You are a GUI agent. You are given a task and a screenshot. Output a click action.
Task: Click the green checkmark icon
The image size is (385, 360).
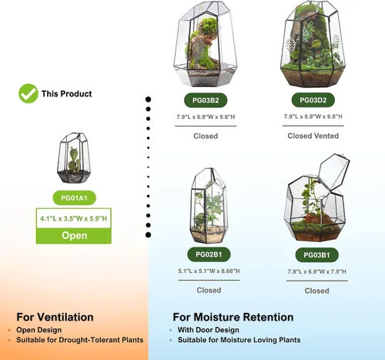click(x=28, y=93)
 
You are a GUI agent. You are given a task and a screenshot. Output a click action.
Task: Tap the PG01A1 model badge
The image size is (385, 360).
click(x=74, y=198)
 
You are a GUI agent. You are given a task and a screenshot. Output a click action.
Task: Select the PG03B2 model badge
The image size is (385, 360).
click(x=206, y=100)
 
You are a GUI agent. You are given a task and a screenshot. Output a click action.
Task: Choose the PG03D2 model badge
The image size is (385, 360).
click(x=313, y=100)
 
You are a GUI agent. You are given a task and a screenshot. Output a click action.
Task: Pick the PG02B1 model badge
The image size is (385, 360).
click(x=209, y=254)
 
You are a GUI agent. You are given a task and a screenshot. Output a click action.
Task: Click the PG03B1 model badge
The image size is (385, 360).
click(x=316, y=255)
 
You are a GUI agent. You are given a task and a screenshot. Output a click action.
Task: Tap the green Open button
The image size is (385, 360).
click(x=74, y=236)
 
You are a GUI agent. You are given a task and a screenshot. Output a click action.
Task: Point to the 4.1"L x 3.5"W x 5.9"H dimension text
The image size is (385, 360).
click(x=73, y=218)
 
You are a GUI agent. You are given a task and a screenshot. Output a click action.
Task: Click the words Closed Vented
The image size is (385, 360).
click(x=313, y=136)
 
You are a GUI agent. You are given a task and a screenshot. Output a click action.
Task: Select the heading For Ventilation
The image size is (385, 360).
click(x=55, y=317)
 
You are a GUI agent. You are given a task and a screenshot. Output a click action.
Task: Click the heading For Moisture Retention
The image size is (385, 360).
click(x=233, y=317)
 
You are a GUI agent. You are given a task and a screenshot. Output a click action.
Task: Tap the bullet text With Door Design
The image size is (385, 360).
click(x=209, y=330)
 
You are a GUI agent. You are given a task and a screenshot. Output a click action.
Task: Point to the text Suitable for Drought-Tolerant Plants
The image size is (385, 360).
click(x=80, y=340)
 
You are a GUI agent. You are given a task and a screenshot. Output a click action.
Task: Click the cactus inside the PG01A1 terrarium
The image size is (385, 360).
click(x=74, y=160)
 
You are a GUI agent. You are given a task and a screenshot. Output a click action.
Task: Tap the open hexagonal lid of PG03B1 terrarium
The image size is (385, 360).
click(x=334, y=171)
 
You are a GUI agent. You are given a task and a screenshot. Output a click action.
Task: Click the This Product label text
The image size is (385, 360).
click(x=66, y=93)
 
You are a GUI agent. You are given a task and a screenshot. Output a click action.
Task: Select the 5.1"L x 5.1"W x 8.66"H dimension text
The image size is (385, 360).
click(x=209, y=271)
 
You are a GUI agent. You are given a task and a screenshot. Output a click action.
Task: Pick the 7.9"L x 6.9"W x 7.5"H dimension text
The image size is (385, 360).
click(x=316, y=271)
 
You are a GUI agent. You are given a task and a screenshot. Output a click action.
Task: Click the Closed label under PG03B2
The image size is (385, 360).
click(x=206, y=136)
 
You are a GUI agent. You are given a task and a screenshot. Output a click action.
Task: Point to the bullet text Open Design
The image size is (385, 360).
click(x=39, y=330)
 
